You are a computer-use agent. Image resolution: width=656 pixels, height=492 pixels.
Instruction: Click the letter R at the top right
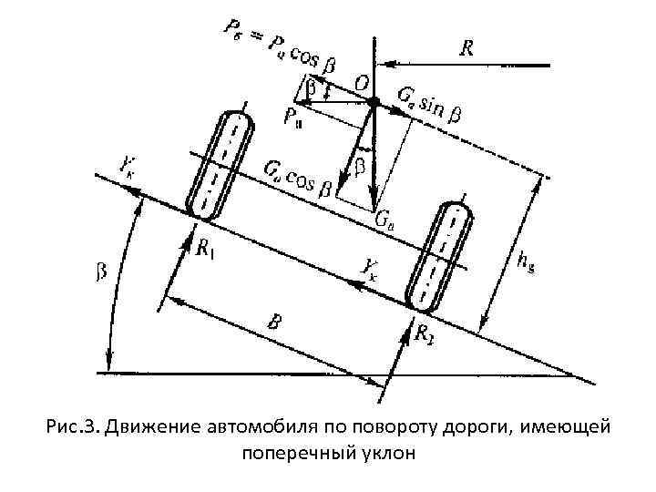point(466,46)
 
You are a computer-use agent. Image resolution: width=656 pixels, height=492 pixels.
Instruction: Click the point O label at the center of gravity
point(362,84)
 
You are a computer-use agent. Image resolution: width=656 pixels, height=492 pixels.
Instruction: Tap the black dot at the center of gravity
point(374,101)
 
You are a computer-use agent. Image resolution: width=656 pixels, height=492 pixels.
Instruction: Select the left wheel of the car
point(217,165)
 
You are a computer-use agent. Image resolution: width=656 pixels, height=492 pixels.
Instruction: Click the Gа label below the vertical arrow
point(385,220)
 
